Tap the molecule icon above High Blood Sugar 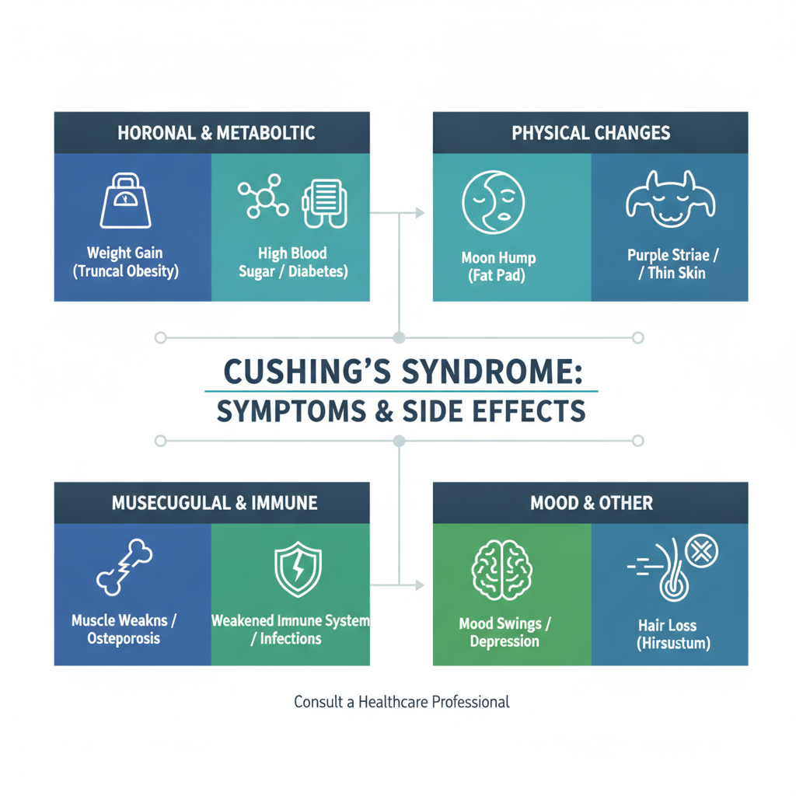(x=264, y=197)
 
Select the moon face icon (x=493, y=202)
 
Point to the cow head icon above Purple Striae (x=671, y=198)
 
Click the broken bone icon (x=124, y=567)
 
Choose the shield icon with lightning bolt (x=298, y=569)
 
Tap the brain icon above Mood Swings (x=501, y=570)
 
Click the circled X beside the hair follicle (x=702, y=551)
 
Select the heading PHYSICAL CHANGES (x=591, y=133)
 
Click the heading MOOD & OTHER (x=592, y=503)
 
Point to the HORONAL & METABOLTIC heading (x=216, y=133)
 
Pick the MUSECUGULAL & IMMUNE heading (x=215, y=503)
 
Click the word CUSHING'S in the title (x=307, y=372)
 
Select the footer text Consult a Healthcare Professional (x=402, y=702)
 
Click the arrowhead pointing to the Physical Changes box (x=420, y=213)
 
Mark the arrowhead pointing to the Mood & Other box (x=420, y=585)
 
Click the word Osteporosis (x=124, y=638)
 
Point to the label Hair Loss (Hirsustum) (x=673, y=634)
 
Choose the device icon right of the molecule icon (x=325, y=203)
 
